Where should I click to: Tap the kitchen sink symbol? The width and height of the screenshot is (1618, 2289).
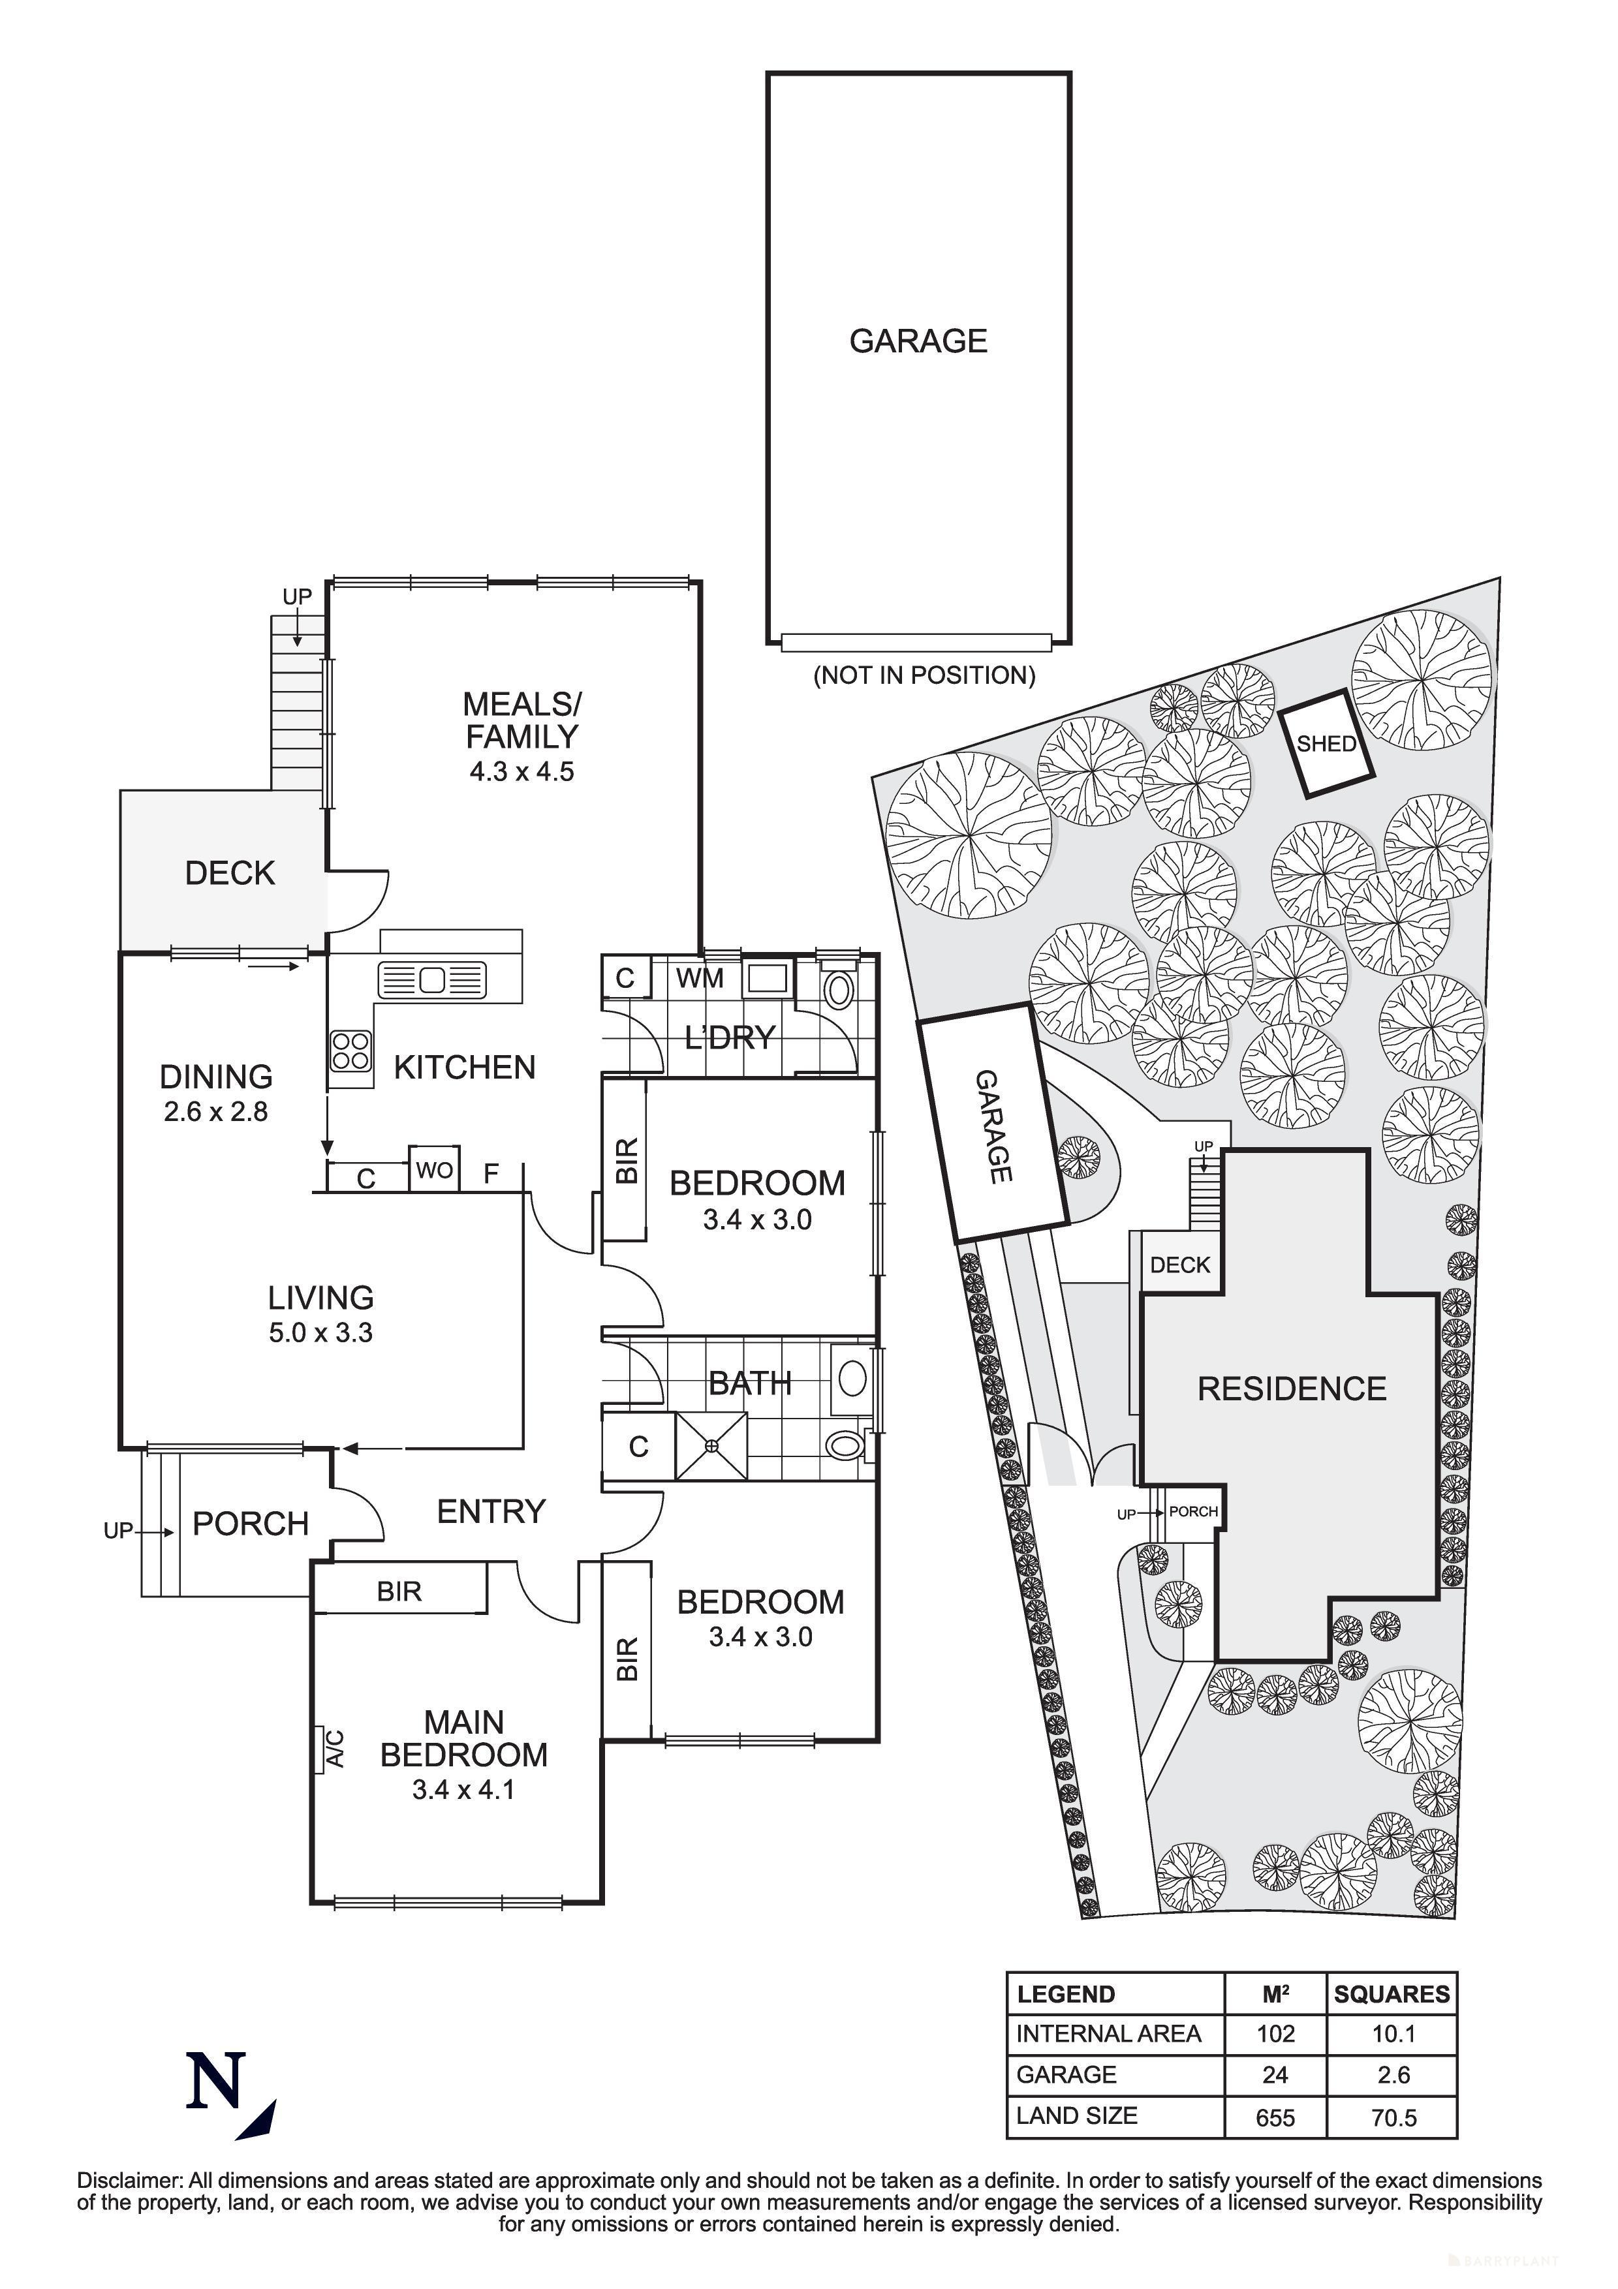[431, 980]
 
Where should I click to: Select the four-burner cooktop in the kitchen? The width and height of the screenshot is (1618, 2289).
[351, 1051]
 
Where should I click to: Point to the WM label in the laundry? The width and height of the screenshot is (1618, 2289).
[700, 978]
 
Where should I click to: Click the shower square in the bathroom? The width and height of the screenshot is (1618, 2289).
[711, 1445]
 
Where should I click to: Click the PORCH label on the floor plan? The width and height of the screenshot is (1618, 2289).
[250, 1524]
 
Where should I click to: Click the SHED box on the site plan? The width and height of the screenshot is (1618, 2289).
[1326, 743]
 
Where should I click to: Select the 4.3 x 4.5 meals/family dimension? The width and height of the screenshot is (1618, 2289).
[521, 772]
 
